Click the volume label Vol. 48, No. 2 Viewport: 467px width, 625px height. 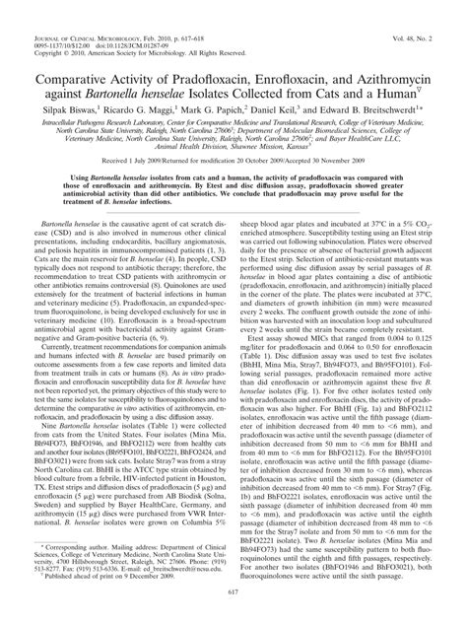click(x=434, y=7)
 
